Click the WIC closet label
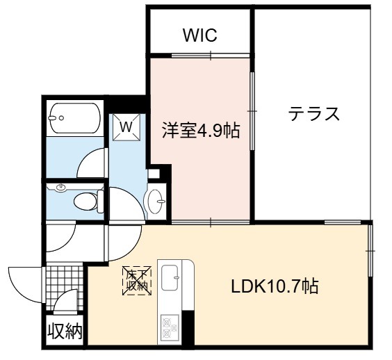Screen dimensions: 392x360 click(x=199, y=35)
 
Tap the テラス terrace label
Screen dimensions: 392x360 click(x=314, y=113)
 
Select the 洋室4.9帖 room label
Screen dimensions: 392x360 click(x=201, y=130)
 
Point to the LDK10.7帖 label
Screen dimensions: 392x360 click(x=275, y=286)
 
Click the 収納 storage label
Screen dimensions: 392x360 click(x=65, y=332)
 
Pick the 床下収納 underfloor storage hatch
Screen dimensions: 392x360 click(x=137, y=281)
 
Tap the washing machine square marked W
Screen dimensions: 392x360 click(x=126, y=127)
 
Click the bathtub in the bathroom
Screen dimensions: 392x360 click(x=75, y=118)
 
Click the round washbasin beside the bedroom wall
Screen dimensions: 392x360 click(x=156, y=201)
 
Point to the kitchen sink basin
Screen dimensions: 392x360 click(x=170, y=276)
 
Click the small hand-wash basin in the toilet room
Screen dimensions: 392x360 click(x=60, y=188)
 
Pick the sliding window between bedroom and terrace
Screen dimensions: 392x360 click(x=252, y=111)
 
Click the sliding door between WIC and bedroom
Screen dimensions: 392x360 click(x=211, y=56)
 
